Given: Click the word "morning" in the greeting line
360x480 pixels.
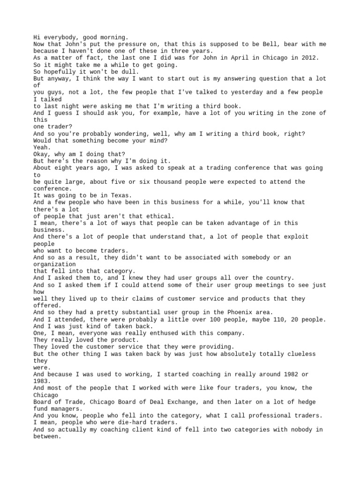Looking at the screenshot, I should pyautogui.click(x=112, y=37).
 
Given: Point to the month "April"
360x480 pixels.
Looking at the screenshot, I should pyautogui.click(x=226, y=58).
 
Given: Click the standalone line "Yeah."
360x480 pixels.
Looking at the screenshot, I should pyautogui.click(x=42, y=147).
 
